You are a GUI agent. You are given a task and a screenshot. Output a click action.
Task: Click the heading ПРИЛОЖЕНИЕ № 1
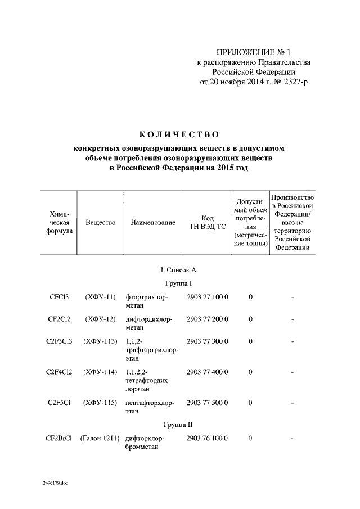(x=254, y=51)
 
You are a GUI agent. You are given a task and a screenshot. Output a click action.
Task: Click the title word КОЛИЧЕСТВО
(x=178, y=134)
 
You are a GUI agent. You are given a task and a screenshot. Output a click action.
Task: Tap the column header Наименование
(x=152, y=223)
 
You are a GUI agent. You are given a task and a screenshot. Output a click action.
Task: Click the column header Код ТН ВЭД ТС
(x=206, y=223)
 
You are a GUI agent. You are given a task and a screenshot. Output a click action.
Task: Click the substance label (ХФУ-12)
(x=100, y=319)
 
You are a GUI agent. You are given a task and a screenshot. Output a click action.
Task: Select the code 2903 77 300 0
(x=207, y=341)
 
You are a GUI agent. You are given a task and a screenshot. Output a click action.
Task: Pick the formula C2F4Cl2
(x=59, y=372)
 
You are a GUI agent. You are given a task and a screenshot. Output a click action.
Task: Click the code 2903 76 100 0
(x=207, y=438)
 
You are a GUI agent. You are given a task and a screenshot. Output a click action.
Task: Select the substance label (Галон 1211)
(x=99, y=438)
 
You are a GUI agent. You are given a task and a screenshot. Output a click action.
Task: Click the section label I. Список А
(x=178, y=270)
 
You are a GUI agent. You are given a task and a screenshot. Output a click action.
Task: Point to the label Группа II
(x=179, y=424)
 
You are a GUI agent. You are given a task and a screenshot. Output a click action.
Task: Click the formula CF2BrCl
(x=58, y=438)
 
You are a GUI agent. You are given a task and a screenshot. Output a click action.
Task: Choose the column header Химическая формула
(x=59, y=223)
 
